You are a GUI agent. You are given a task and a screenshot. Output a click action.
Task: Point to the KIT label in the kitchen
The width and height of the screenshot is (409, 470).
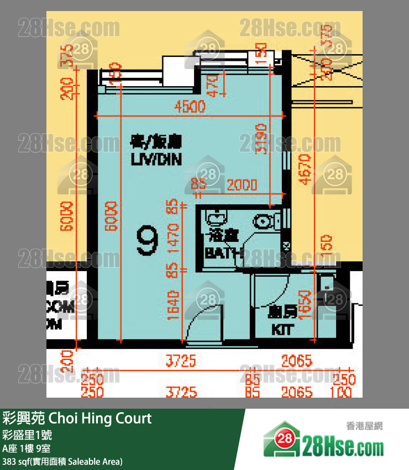point(282,330)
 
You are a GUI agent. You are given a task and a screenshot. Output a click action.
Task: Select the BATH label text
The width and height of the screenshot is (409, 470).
point(223,254)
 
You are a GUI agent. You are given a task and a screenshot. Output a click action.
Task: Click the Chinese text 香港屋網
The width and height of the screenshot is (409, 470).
point(365,426)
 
